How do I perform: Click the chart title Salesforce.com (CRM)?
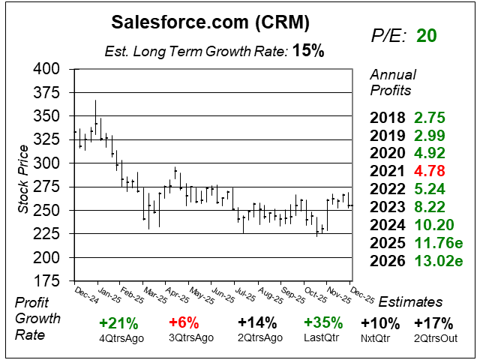pyautogui.click(x=209, y=22)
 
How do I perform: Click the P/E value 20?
pyautogui.click(x=427, y=35)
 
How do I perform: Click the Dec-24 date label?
pyautogui.click(x=86, y=294)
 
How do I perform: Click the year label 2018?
pyautogui.click(x=388, y=118)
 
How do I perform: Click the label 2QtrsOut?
pyautogui.click(x=433, y=338)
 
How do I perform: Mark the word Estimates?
pyautogui.click(x=411, y=302)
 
